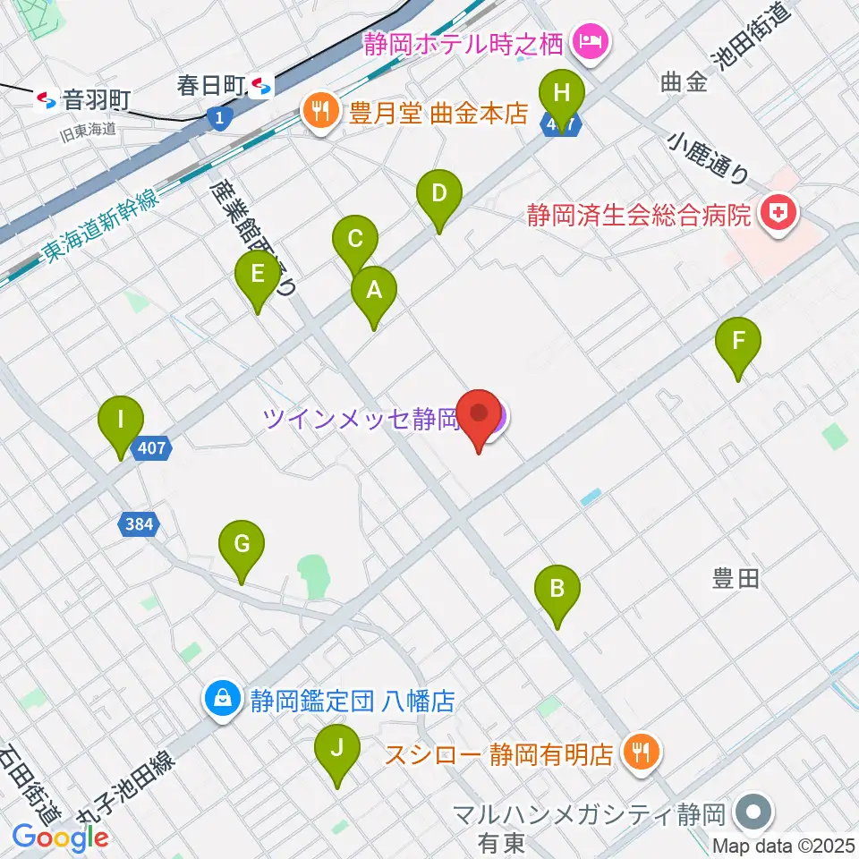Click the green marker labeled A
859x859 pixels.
[373, 291]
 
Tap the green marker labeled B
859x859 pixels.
[557, 590]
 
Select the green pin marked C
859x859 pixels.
[355, 241]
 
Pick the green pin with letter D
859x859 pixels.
[438, 194]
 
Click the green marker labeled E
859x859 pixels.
[258, 275]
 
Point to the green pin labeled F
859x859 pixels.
[738, 342]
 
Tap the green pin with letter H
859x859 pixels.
[562, 94]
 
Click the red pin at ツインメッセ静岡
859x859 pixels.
[479, 416]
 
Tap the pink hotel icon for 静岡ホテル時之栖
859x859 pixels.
[591, 39]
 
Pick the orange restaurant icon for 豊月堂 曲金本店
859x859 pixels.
[318, 114]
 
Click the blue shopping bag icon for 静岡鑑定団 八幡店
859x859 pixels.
[220, 700]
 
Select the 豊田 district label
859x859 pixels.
[736, 580]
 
